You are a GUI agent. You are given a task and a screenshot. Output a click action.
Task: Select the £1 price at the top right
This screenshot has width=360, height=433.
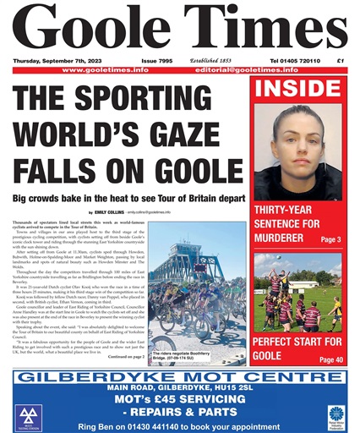[x=340, y=62]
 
